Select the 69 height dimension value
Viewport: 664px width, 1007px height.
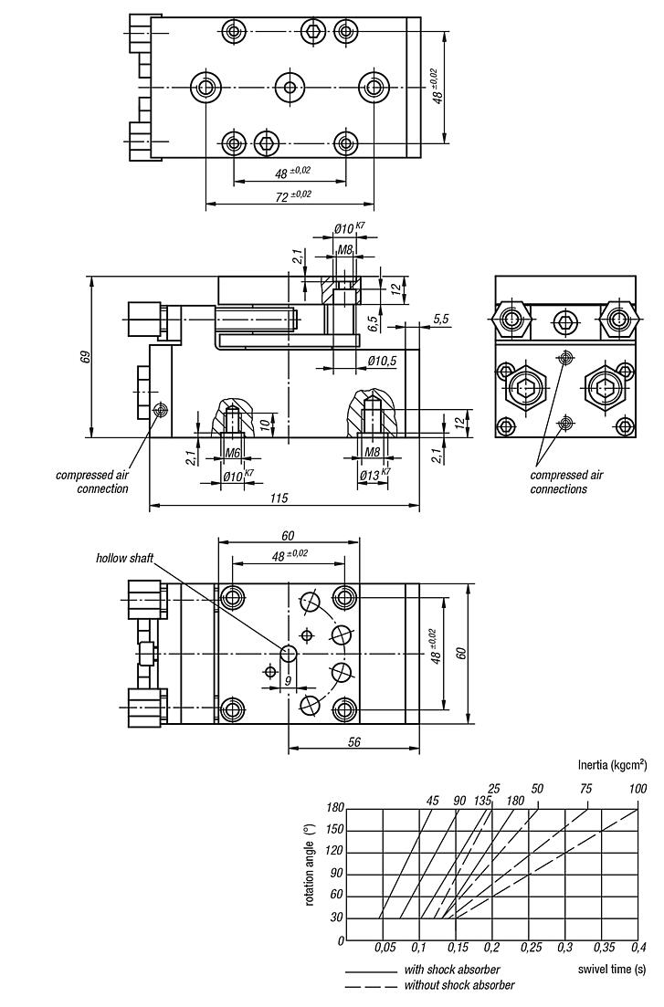click(x=83, y=357)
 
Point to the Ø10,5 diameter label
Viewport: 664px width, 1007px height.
click(x=382, y=362)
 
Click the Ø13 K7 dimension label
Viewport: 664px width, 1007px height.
click(x=373, y=475)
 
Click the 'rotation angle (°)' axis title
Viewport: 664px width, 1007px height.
click(x=311, y=864)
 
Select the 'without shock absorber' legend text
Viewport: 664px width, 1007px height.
click(x=458, y=985)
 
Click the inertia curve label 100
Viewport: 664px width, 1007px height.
click(x=638, y=789)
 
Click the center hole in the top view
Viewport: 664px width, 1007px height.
click(x=290, y=88)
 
